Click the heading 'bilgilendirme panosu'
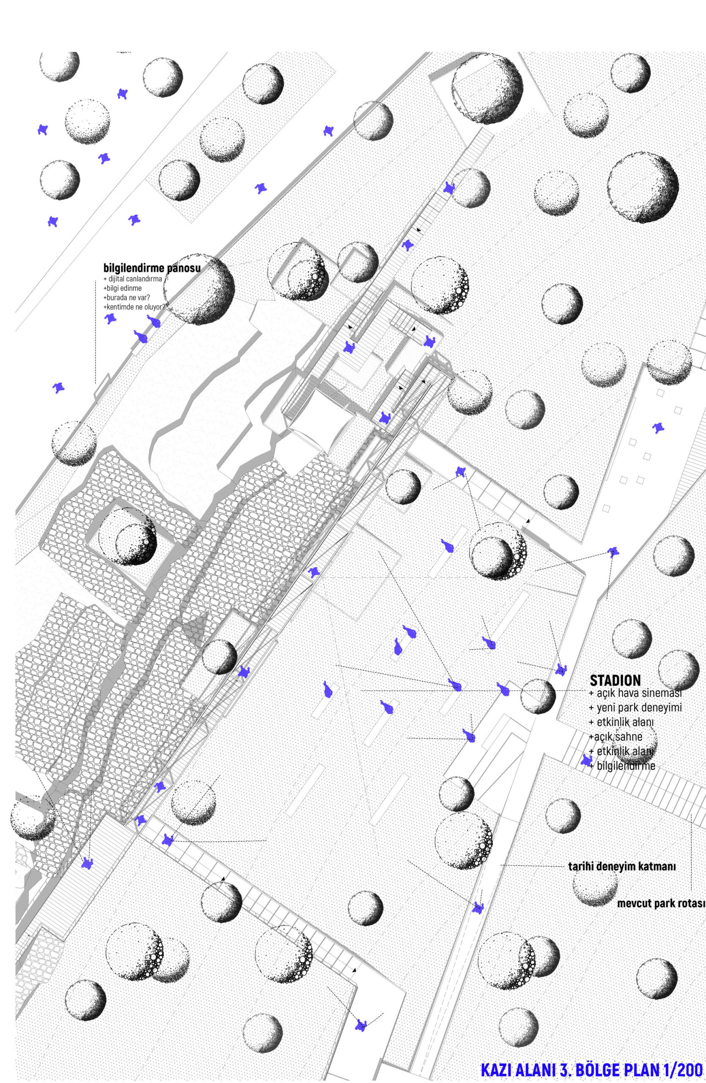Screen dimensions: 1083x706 [152, 268]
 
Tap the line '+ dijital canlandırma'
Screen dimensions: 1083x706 [132, 278]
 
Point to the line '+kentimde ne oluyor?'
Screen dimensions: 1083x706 [134, 307]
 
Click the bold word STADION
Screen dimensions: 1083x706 [615, 680]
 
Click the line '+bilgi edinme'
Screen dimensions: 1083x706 [122, 288]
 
